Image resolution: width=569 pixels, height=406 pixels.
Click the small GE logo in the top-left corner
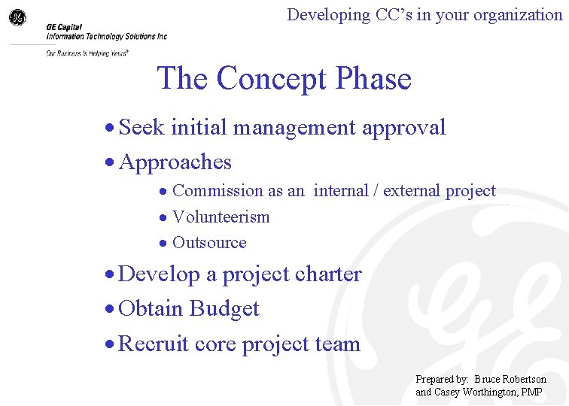point(17,17)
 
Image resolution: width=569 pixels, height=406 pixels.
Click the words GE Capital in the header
point(66,27)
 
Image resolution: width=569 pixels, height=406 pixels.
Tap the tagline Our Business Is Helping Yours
point(87,53)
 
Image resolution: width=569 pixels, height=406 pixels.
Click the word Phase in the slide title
point(374,78)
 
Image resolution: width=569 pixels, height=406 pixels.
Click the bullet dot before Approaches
point(110,163)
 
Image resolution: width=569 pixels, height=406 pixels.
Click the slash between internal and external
point(376,191)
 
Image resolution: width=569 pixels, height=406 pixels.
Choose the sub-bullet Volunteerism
point(221,217)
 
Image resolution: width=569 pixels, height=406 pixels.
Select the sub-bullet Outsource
point(209,243)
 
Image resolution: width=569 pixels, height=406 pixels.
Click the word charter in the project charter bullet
point(328,274)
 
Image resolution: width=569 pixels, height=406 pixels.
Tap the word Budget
point(224,309)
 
